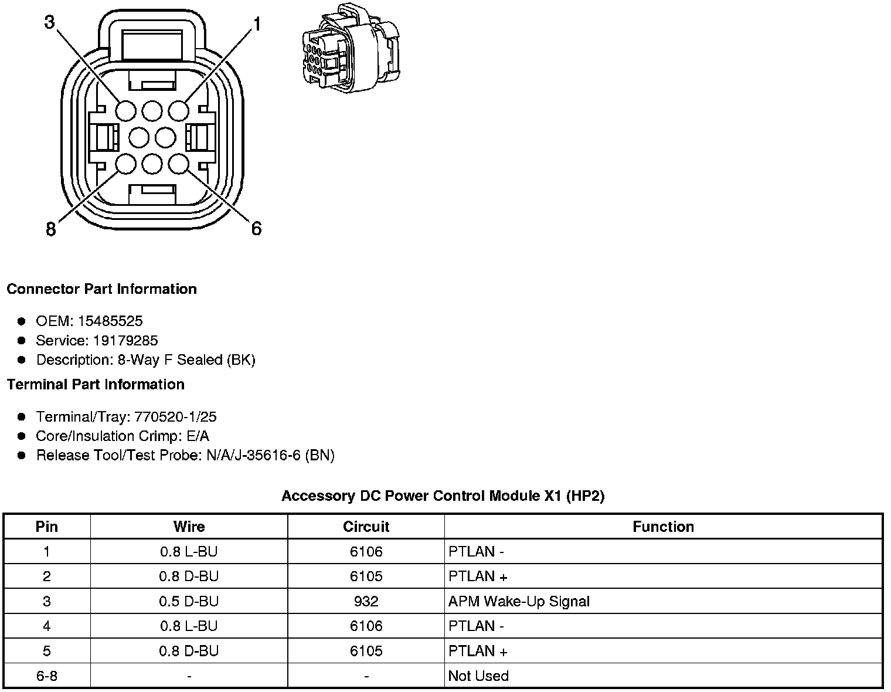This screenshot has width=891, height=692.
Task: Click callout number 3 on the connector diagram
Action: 49,22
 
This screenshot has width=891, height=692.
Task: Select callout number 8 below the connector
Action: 51,229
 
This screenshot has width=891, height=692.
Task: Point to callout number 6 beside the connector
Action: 256,228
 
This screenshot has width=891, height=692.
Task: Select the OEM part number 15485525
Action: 110,321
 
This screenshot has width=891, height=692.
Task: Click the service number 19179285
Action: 125,340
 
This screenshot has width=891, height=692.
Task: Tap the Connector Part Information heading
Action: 101,289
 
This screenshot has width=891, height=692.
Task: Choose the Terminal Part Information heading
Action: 96,384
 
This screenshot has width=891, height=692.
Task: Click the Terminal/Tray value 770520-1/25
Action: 175,416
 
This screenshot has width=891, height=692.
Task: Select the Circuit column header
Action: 366,527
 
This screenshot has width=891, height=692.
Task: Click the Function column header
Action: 663,527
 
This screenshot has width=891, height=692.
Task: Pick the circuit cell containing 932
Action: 366,601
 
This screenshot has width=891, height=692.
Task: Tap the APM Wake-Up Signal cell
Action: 519,601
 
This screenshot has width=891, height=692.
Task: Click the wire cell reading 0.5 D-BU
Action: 189,601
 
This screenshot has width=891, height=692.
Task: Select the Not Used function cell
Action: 478,676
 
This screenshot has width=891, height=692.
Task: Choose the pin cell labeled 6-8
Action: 47,676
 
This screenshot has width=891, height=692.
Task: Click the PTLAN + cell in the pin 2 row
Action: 478,576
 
